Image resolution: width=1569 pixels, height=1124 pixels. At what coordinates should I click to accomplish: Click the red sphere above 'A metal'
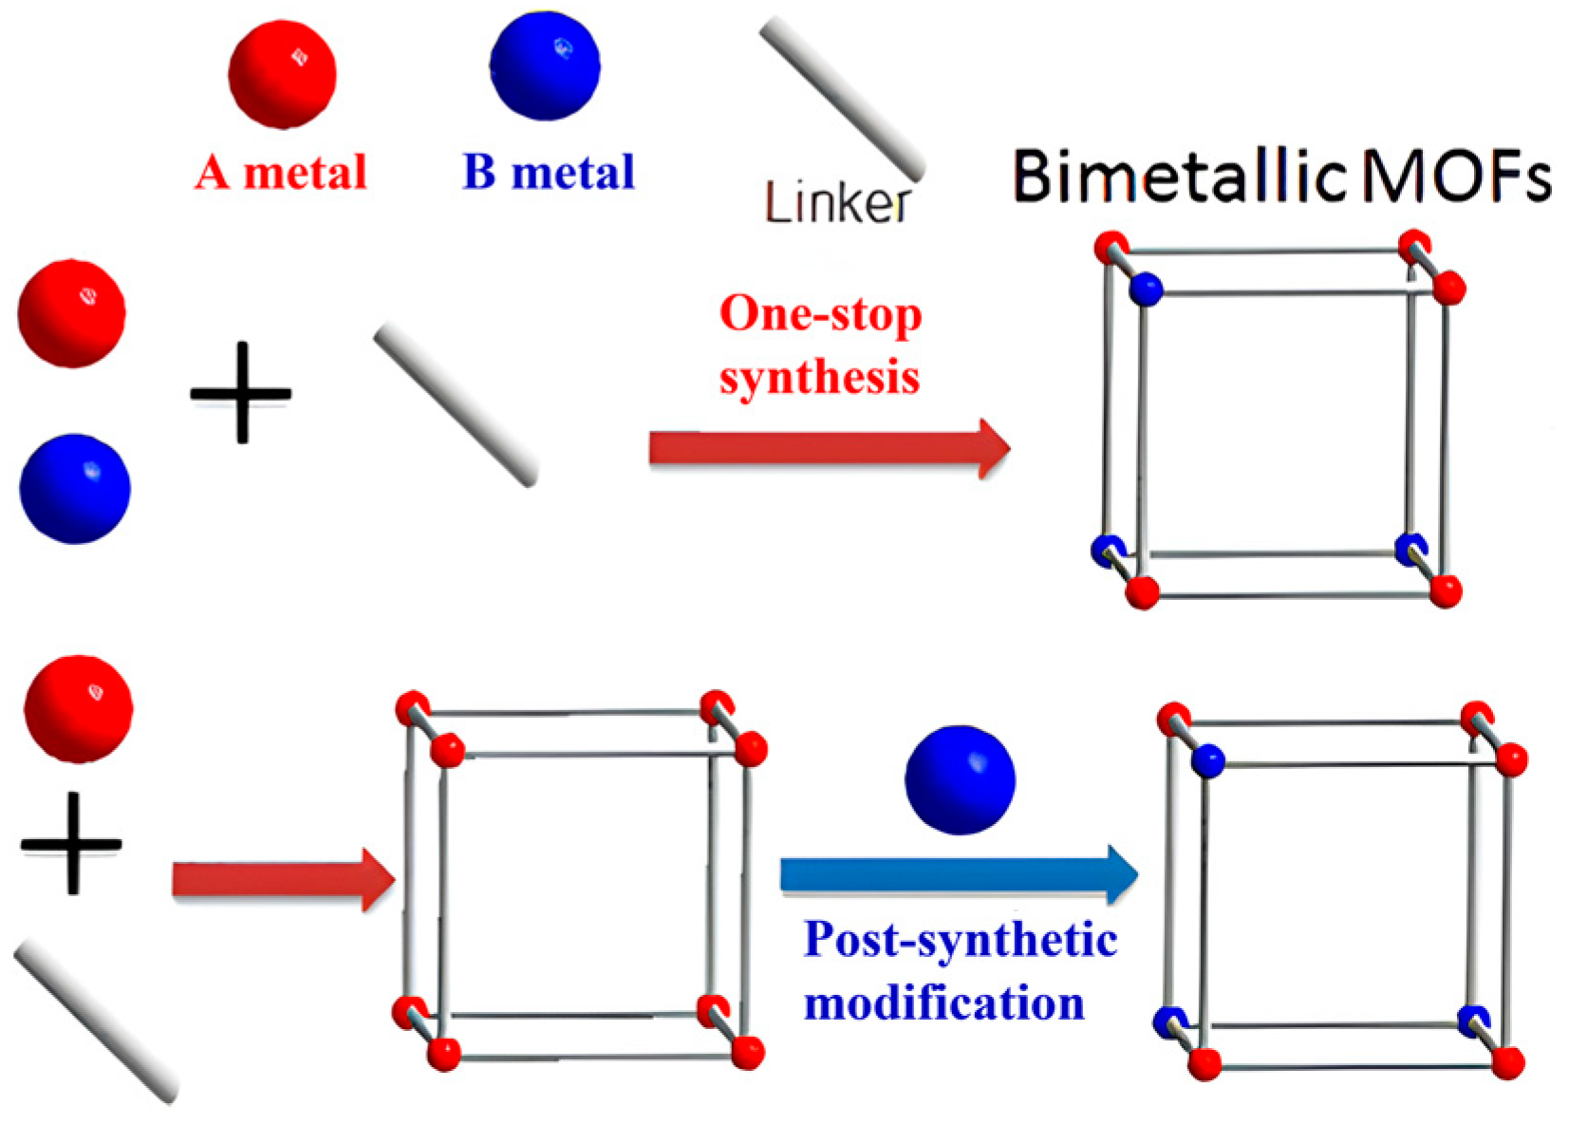tap(282, 74)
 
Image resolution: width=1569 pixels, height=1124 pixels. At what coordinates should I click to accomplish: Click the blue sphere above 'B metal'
tap(545, 66)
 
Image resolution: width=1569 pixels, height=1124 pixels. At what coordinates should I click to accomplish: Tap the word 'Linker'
tap(836, 203)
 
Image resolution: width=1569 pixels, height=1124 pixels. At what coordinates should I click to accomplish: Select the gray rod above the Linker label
tap(842, 98)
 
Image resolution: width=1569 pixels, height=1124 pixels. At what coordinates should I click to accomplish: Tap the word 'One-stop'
tap(820, 314)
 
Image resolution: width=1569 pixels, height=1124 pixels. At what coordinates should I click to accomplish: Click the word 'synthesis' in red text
tap(819, 378)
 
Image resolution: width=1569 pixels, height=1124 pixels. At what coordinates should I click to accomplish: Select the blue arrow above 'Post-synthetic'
tap(958, 873)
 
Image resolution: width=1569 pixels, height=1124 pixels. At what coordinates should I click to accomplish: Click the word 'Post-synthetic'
tap(960, 940)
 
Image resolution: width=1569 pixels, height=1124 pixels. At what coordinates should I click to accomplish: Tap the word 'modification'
tap(943, 1003)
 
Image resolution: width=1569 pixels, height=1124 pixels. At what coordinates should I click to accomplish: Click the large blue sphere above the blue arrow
tap(960, 780)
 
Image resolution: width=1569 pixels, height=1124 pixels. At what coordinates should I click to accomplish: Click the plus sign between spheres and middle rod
tap(241, 392)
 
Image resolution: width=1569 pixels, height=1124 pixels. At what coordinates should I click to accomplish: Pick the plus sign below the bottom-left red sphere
tap(71, 843)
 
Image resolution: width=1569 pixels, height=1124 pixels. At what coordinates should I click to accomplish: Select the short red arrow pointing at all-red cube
tap(283, 880)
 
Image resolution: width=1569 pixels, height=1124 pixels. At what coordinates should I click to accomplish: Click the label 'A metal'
tap(281, 173)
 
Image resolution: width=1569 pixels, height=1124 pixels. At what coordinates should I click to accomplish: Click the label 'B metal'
tap(549, 173)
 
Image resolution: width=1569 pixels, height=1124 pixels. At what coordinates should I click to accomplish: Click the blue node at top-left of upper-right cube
tap(1147, 289)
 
